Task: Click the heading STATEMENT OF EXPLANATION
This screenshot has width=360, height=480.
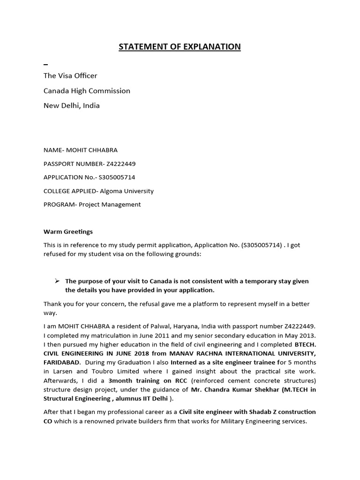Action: coord(180,46)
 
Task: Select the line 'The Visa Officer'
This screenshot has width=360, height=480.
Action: coord(70,75)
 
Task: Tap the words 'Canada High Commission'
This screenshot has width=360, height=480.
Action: coord(87,90)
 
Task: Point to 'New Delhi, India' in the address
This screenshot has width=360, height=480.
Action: coord(71,105)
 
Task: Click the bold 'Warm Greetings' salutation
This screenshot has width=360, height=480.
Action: coord(68,232)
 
